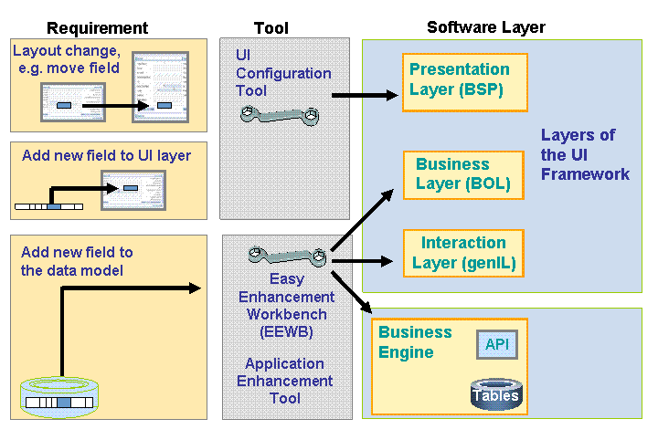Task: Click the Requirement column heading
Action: [97, 28]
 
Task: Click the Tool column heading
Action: [271, 28]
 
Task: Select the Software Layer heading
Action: [485, 27]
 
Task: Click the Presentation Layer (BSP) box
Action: [459, 80]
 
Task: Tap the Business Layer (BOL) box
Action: [463, 174]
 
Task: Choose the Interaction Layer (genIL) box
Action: [463, 254]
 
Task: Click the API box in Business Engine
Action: [496, 344]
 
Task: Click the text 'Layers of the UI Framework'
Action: [585, 154]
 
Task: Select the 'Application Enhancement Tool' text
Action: [285, 381]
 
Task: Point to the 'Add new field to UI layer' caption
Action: [107, 155]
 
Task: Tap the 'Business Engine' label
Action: [415, 342]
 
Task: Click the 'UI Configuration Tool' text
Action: [282, 73]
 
